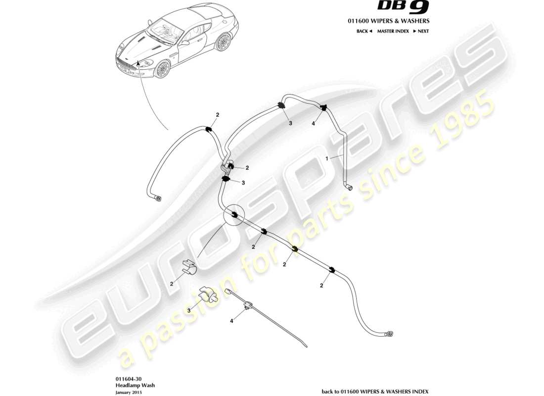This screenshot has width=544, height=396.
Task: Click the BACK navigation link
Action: pyautogui.click(x=363, y=31)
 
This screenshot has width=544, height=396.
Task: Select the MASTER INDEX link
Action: pyautogui.click(x=393, y=31)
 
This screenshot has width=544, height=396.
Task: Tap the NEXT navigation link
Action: pyautogui.click(x=421, y=31)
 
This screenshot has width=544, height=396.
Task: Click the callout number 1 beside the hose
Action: pyautogui.click(x=327, y=158)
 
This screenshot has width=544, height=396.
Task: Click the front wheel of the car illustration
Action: pyautogui.click(x=162, y=69)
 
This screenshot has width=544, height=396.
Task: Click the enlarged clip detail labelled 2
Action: pyautogui.click(x=188, y=267)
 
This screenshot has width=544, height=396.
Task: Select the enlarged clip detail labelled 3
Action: pyautogui.click(x=209, y=296)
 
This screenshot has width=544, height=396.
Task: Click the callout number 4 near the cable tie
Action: pyautogui.click(x=231, y=321)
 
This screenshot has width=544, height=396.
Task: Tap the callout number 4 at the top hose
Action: pyautogui.click(x=313, y=124)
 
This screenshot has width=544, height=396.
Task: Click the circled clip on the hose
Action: pyautogui.click(x=234, y=215)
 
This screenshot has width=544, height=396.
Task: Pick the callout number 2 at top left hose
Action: pyautogui.click(x=217, y=115)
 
